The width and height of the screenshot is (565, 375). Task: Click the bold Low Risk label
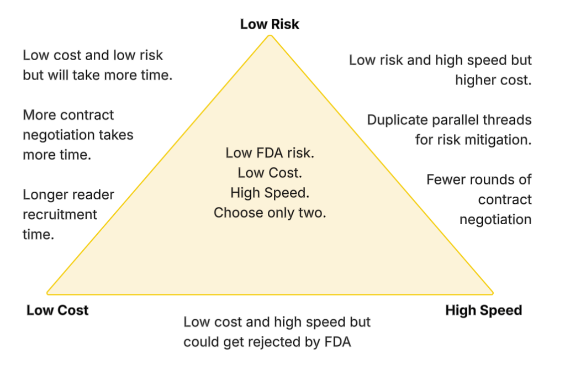(x=270, y=24)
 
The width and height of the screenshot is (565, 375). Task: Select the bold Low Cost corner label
(x=57, y=310)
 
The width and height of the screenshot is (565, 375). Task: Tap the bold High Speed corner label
(x=483, y=310)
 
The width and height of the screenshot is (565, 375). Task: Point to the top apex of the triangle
(x=270, y=36)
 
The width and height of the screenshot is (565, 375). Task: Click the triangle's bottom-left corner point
(x=47, y=293)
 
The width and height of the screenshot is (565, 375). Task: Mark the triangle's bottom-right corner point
(x=493, y=293)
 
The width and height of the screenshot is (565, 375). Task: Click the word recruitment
(x=52, y=214)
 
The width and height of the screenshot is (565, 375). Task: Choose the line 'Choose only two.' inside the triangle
(x=270, y=213)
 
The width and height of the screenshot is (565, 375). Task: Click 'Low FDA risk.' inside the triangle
(x=270, y=153)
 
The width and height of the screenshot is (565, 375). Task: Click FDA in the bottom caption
(x=338, y=342)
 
